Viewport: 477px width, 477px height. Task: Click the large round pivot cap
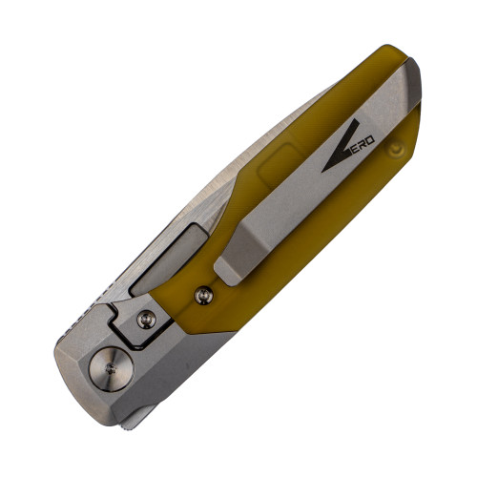(111, 369)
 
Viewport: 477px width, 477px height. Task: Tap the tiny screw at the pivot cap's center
(111, 369)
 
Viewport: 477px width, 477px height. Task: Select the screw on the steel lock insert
(146, 320)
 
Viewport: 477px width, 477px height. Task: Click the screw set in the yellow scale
(204, 296)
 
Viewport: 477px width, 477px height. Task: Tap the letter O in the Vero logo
(370, 140)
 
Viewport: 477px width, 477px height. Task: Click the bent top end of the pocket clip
(412, 81)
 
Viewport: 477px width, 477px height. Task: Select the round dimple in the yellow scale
(396, 149)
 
